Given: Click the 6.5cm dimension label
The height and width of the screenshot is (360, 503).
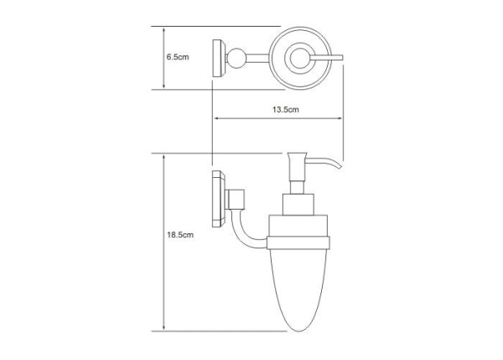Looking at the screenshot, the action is coord(178,57).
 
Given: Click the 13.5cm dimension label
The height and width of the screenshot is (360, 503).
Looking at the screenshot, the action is coord(286,109).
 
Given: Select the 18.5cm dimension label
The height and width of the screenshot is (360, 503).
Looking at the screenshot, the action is coord(180,235).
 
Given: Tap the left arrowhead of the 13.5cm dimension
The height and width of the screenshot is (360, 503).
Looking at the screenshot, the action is coord(216,118).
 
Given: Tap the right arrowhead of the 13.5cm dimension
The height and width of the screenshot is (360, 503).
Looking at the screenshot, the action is coord(340,118).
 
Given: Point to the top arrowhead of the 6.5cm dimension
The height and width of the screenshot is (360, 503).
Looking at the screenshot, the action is coord(164,30).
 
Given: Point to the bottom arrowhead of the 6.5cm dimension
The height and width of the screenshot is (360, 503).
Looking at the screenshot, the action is coord(164,86).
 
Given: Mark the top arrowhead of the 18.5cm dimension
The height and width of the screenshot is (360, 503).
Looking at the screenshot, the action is coord(164,158).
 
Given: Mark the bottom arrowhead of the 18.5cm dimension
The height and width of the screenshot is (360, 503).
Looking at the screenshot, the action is coord(164,327).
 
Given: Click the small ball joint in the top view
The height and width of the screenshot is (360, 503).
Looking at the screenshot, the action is coord(236,58).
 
